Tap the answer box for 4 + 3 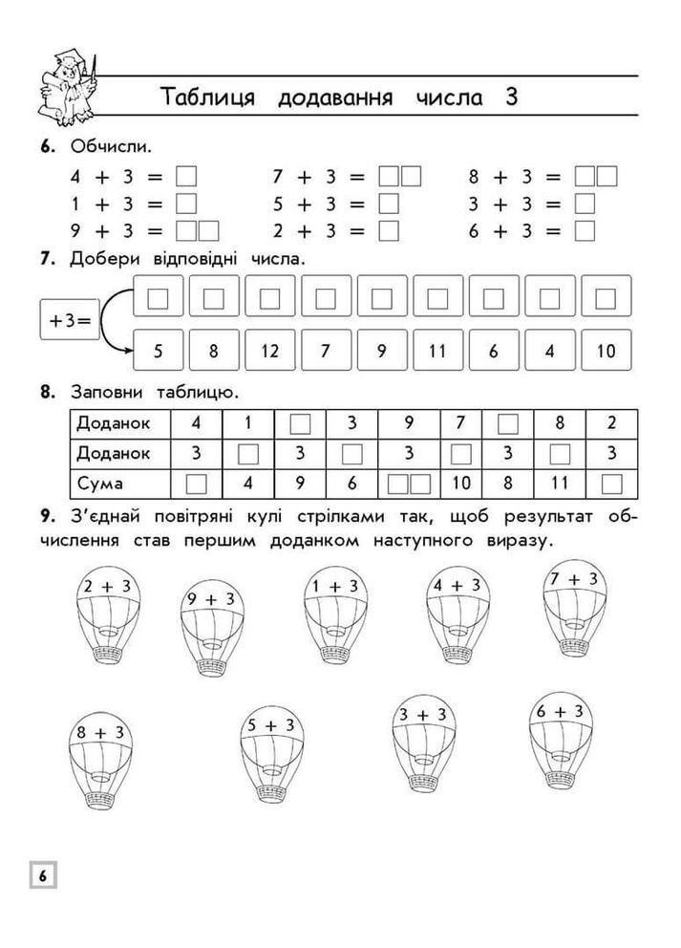click(187, 177)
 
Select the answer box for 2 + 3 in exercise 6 click(388, 230)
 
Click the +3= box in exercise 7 click(70, 323)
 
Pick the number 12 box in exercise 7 click(269, 351)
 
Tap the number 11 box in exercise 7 click(437, 351)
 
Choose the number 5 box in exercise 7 click(158, 351)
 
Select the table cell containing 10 click(461, 484)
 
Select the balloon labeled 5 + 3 click(270, 755)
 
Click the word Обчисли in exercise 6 click(111, 147)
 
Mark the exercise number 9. click(46, 517)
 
